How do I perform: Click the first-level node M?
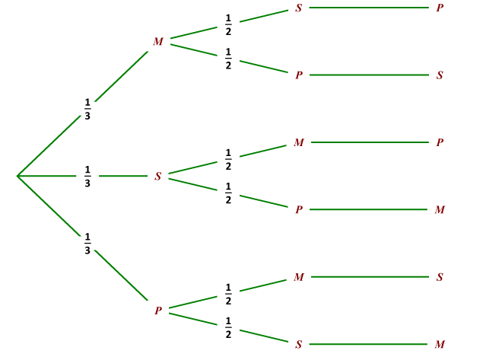pos(158,41)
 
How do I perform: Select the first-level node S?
pos(158,176)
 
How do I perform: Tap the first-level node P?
pos(158,311)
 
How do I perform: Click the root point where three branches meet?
pos(17,176)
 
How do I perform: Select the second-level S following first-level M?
pos(299,8)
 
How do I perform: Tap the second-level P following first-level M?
pos(299,75)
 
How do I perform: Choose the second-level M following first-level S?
pos(299,142)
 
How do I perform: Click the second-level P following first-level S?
pos(299,209)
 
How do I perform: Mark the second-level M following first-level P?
pos(299,277)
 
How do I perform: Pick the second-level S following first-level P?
pos(299,344)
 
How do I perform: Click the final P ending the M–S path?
pos(440,8)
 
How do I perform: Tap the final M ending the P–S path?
pos(440,344)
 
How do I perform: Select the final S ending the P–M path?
pos(440,277)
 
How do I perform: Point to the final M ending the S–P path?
pos(440,209)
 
